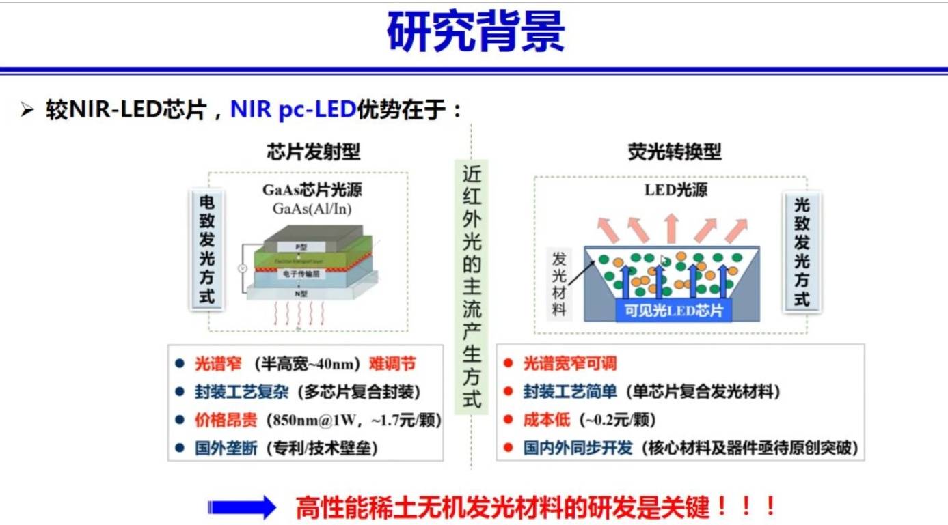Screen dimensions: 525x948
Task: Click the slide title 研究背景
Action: [x=475, y=33]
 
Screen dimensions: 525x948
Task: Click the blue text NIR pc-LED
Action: [x=293, y=109]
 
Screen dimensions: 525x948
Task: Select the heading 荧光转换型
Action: [x=674, y=152]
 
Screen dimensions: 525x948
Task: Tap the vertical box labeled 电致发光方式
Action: [x=206, y=249]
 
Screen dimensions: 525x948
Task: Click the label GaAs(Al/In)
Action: [x=312, y=209]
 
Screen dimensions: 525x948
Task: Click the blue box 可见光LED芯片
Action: [x=673, y=311]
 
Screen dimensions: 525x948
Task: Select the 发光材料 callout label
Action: [x=559, y=283]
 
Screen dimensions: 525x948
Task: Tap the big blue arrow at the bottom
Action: [x=241, y=507]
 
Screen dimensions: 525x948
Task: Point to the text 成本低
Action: [x=546, y=420]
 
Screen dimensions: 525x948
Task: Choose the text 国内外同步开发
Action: [x=578, y=448]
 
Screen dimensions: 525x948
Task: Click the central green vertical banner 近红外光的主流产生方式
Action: [x=472, y=286]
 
